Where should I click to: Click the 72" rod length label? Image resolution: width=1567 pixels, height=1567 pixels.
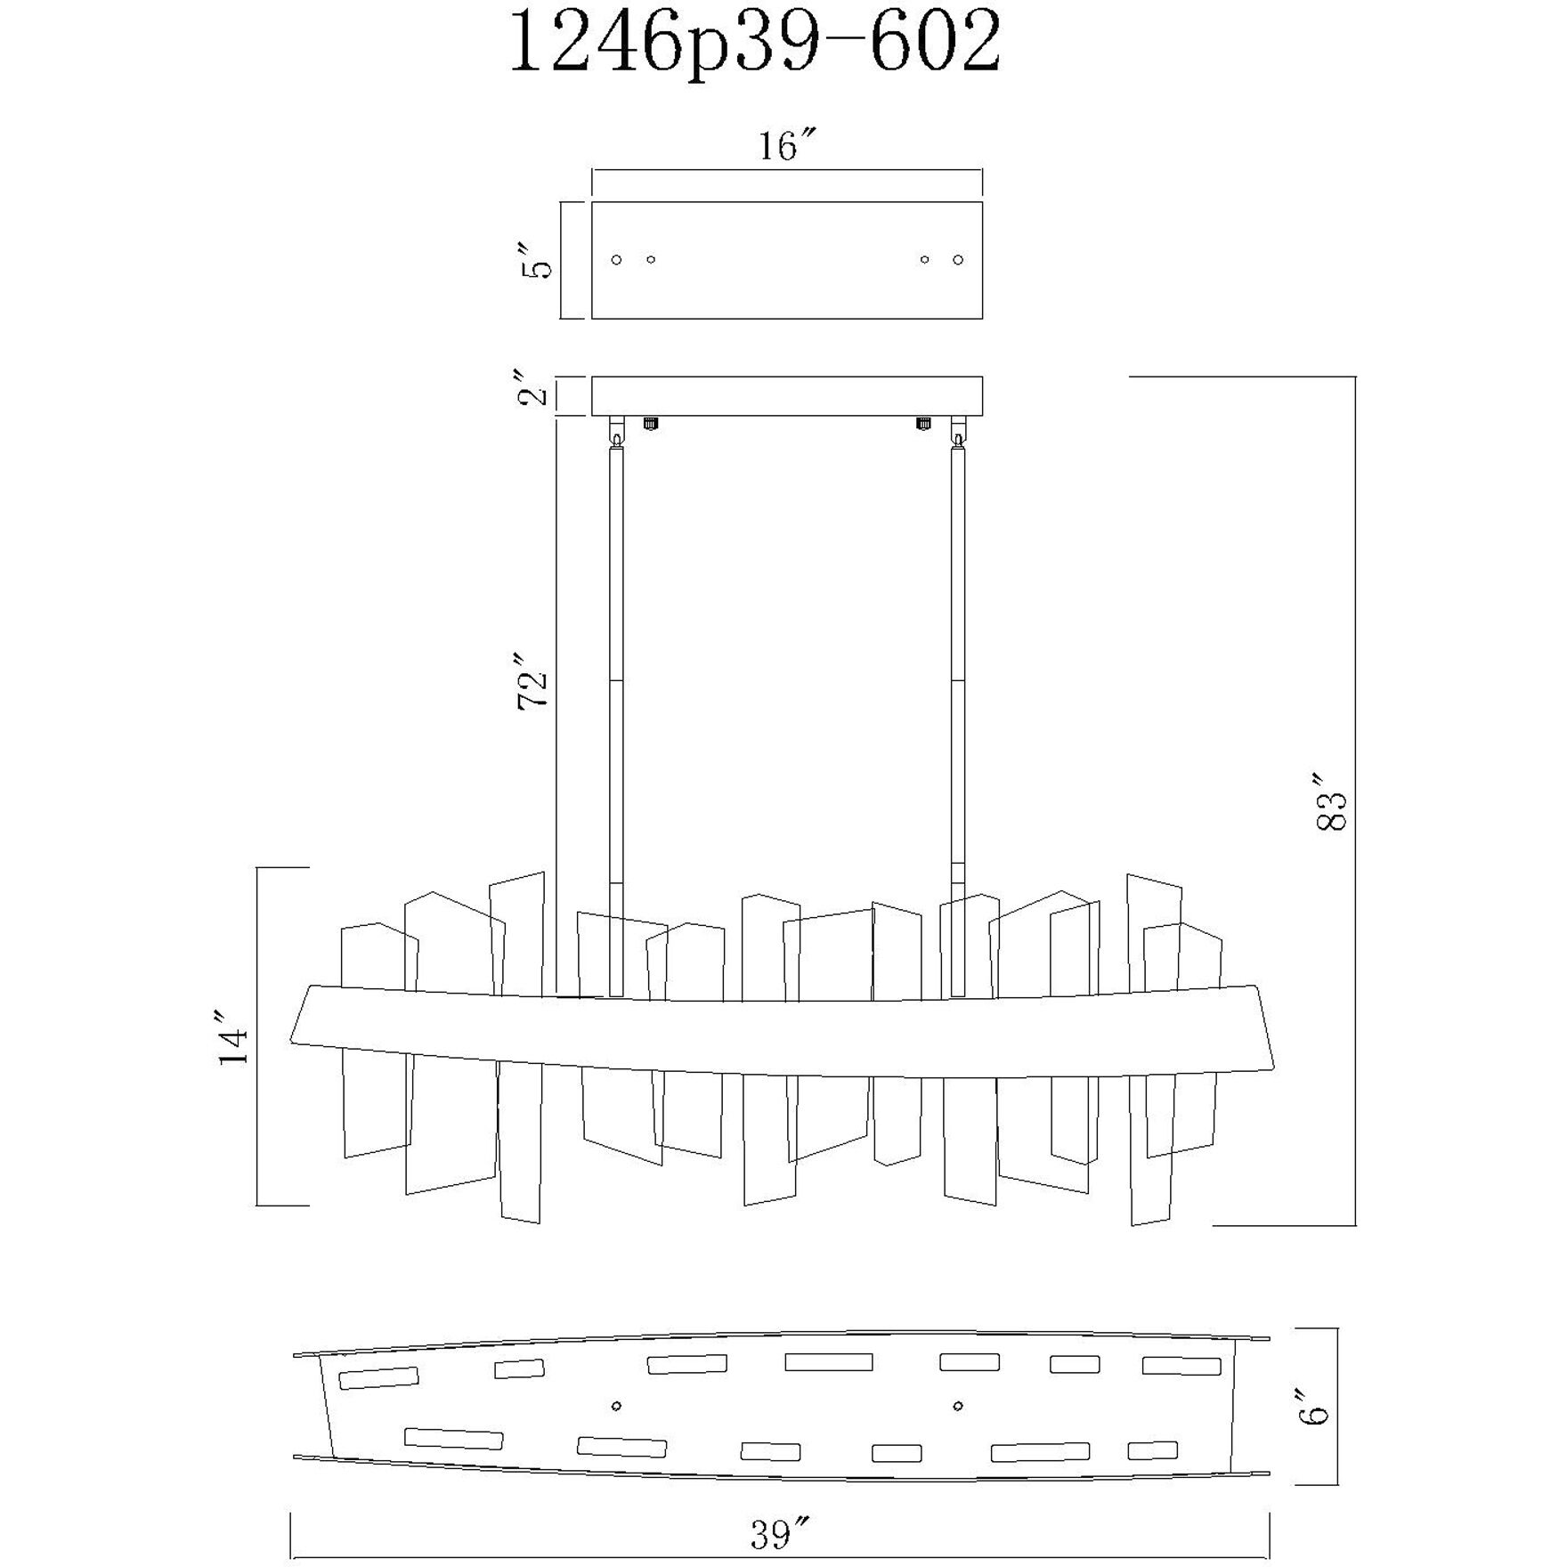pyautogui.click(x=534, y=681)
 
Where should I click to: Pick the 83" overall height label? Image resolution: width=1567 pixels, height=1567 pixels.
pyautogui.click(x=1332, y=810)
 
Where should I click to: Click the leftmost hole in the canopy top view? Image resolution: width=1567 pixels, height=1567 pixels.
pyautogui.click(x=616, y=259)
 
